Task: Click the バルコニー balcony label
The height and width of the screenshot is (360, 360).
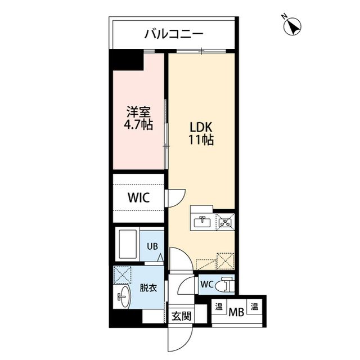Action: (x=173, y=34)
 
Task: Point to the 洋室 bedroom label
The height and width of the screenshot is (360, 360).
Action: (x=137, y=111)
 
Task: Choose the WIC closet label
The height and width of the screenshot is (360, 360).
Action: (x=138, y=198)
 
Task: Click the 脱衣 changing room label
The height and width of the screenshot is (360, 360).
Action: (x=148, y=287)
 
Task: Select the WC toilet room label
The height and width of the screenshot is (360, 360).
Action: (x=206, y=285)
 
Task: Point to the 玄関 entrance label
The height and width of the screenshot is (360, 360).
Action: (x=181, y=316)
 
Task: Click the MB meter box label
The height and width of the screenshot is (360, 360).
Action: (x=236, y=309)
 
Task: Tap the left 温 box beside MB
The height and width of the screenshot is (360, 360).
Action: (x=217, y=309)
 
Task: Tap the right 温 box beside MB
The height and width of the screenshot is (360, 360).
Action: (x=254, y=309)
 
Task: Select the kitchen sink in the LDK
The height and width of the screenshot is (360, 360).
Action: (x=201, y=221)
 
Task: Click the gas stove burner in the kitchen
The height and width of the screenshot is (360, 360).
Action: (x=226, y=222)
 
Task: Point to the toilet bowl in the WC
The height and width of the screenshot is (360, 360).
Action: (x=226, y=285)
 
